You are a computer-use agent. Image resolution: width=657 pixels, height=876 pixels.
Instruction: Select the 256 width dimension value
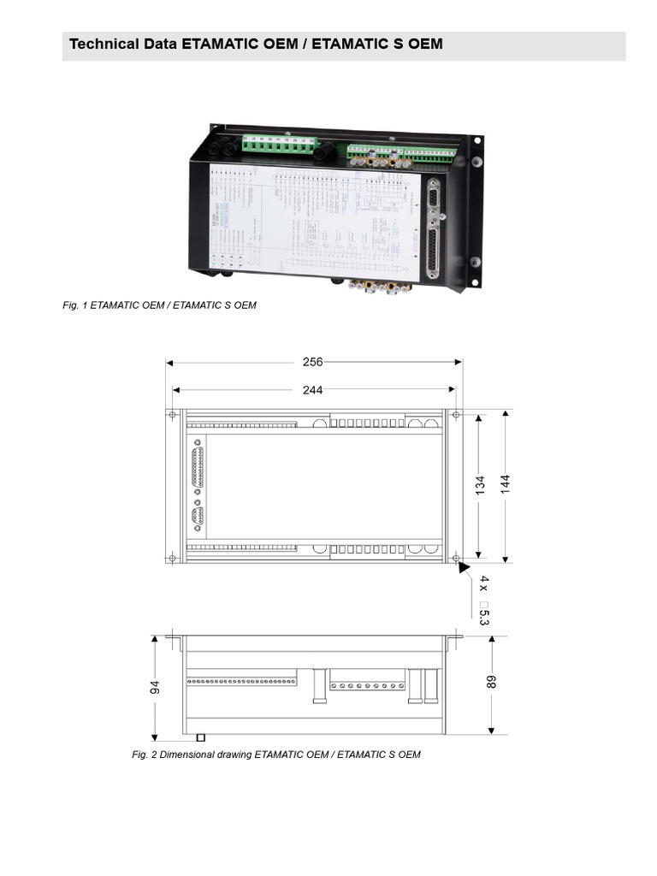(x=313, y=362)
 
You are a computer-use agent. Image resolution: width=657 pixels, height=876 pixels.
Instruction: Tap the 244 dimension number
(x=313, y=390)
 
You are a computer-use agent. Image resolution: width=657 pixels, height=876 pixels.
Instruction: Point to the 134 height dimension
(x=480, y=485)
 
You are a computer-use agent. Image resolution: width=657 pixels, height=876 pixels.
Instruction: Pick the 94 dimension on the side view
(x=156, y=688)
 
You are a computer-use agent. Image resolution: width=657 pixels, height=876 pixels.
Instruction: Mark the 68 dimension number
(x=492, y=682)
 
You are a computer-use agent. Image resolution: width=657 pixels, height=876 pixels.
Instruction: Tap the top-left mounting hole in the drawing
(x=173, y=415)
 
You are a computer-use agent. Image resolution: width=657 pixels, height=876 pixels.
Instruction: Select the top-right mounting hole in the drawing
(x=455, y=415)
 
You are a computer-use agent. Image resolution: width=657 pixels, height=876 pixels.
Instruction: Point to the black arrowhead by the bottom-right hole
(x=464, y=566)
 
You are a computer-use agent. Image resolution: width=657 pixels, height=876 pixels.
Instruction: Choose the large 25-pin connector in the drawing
(x=198, y=467)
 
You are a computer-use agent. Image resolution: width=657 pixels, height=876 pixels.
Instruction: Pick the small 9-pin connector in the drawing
(x=198, y=518)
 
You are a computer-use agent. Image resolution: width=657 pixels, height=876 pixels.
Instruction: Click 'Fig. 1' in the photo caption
(x=74, y=305)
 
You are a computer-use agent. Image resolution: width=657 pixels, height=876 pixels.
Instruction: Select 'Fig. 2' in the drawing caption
(x=144, y=755)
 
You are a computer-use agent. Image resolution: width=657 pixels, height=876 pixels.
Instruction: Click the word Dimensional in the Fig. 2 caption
(x=184, y=755)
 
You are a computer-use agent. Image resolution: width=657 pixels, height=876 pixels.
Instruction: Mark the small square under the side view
(x=200, y=737)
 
